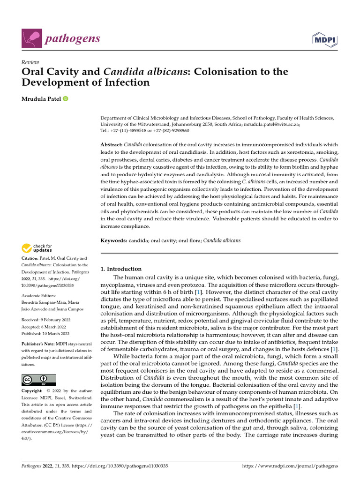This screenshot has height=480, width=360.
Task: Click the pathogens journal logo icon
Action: point(32,38)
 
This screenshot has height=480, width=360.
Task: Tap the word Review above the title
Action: point(30,62)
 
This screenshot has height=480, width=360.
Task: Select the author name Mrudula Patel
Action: point(41,99)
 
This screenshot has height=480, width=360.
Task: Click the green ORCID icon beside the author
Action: point(65,99)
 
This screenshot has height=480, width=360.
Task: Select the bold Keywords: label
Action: point(115,240)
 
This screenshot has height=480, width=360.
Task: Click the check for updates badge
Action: point(37,248)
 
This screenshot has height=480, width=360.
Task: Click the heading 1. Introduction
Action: point(121,269)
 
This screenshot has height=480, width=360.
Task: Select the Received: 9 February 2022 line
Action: point(45,320)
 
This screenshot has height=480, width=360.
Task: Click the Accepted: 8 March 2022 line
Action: point(44,327)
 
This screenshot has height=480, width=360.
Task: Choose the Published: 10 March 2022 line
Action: point(45,334)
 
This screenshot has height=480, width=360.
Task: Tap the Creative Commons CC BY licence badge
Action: point(38,380)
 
